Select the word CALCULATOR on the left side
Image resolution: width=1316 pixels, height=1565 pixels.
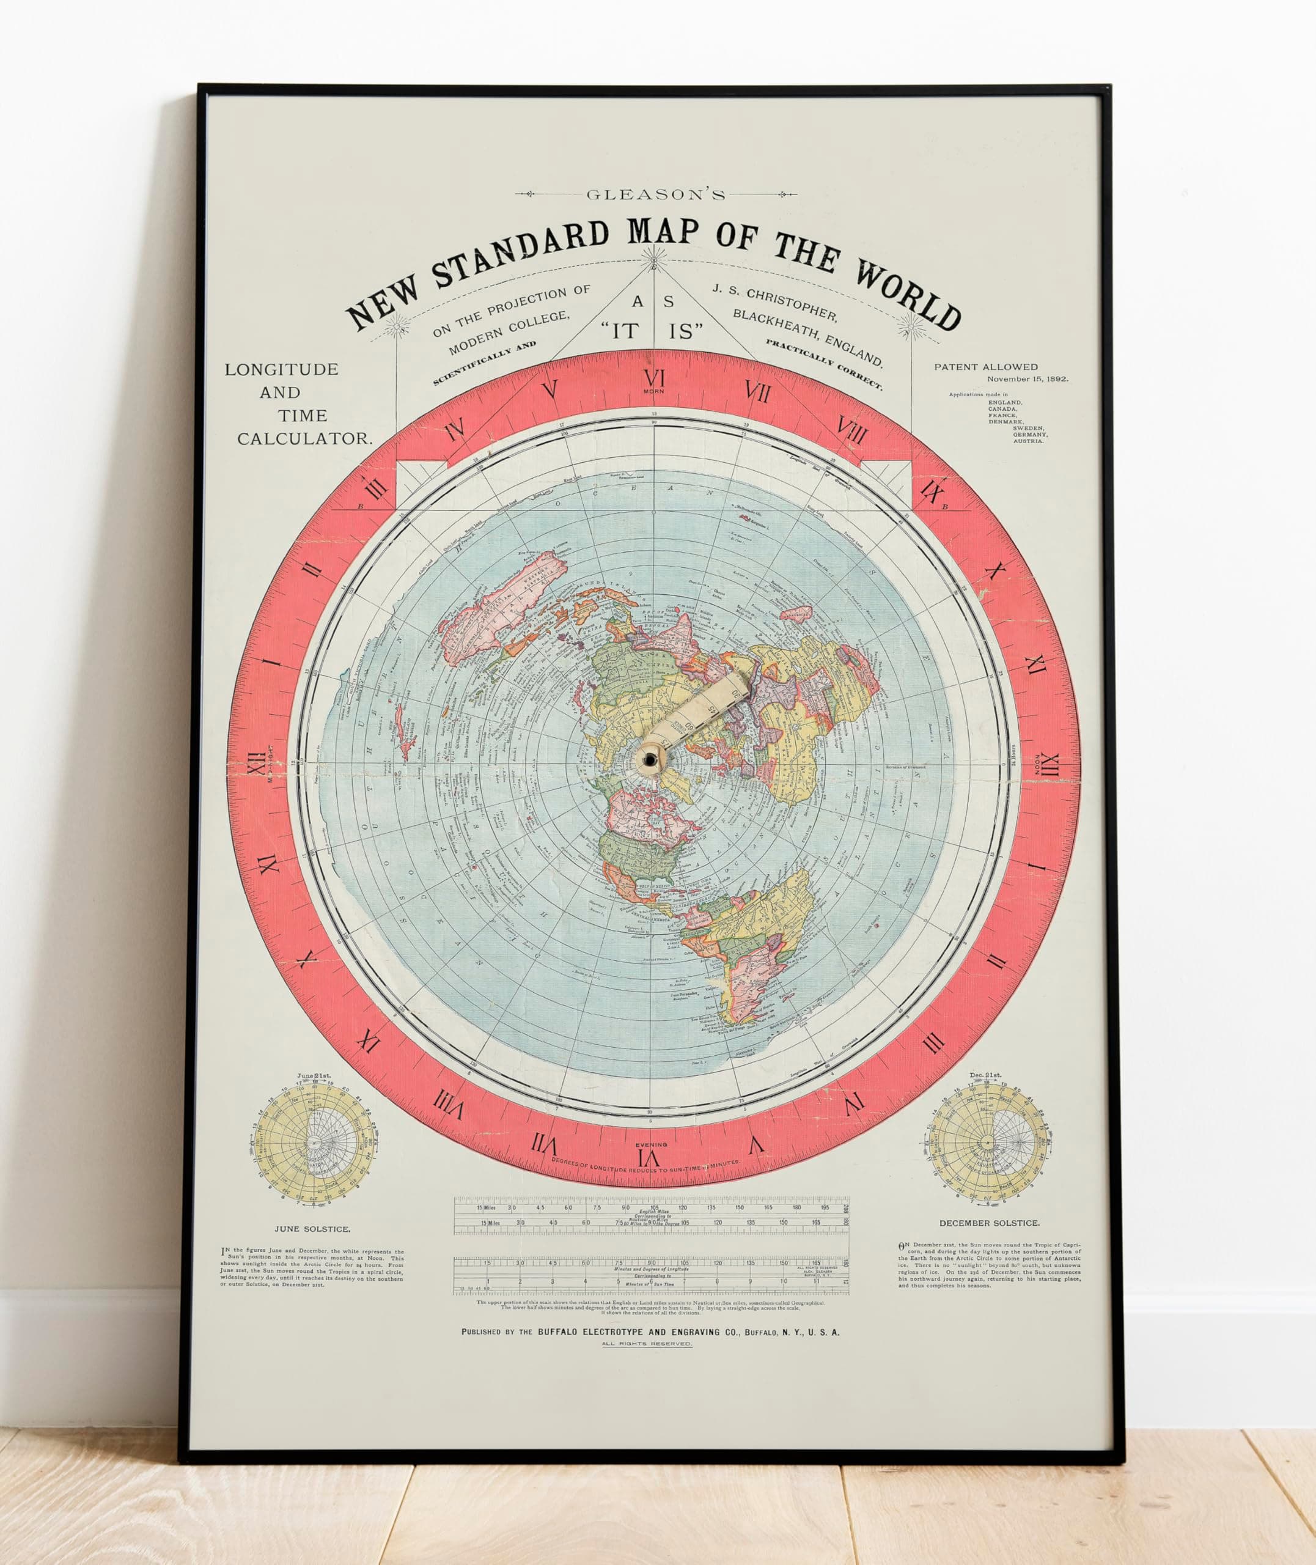click(304, 438)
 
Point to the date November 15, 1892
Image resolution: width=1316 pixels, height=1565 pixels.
click(1027, 379)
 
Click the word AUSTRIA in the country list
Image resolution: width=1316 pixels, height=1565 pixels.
click(1028, 441)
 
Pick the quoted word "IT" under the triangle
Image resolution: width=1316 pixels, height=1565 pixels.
click(625, 331)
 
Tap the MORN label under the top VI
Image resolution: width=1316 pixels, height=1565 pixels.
click(654, 391)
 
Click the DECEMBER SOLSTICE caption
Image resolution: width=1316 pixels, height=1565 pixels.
click(989, 1223)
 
